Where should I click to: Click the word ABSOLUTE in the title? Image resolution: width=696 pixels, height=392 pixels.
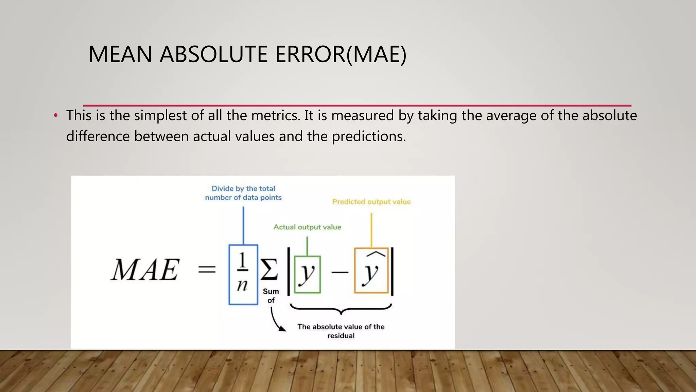(214, 54)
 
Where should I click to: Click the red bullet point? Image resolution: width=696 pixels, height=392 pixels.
(56, 116)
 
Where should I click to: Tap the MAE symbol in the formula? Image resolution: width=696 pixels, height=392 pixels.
(145, 270)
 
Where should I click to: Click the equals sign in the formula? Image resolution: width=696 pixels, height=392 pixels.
(207, 270)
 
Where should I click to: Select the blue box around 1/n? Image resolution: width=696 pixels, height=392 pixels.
(243, 274)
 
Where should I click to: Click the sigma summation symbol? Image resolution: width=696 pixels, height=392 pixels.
(269, 269)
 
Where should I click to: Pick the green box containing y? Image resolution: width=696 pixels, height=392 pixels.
(307, 274)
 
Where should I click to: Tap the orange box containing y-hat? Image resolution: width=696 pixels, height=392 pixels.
(371, 271)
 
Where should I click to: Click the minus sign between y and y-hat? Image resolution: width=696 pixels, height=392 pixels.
(339, 272)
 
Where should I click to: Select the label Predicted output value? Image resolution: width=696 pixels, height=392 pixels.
(371, 202)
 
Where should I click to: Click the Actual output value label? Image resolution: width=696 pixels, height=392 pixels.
(307, 227)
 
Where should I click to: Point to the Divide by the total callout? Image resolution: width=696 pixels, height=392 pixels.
(243, 193)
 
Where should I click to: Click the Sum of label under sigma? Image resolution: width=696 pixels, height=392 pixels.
(271, 296)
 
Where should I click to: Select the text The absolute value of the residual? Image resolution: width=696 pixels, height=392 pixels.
(341, 331)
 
